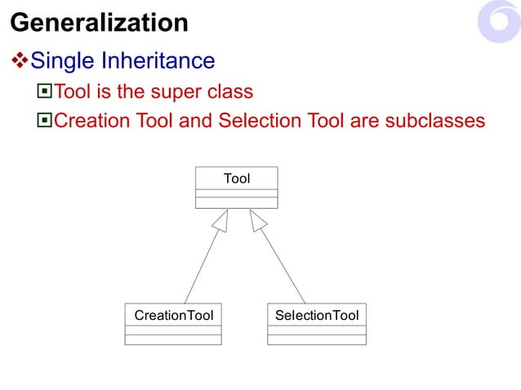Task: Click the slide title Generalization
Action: click(99, 22)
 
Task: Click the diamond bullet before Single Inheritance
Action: click(19, 60)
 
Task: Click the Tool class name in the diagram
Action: click(237, 178)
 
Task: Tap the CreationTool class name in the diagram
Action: click(173, 315)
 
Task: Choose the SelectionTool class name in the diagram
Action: click(317, 315)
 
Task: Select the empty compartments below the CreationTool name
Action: click(173, 335)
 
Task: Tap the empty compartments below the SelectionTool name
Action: click(317, 335)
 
